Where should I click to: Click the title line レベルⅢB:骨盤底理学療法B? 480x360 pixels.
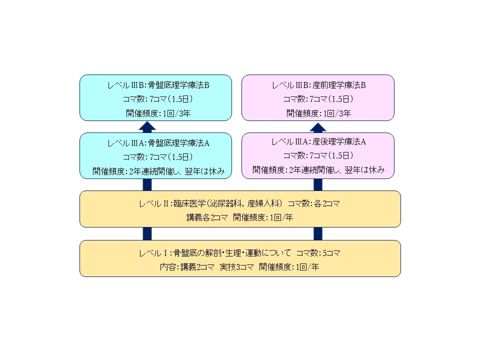[158, 85]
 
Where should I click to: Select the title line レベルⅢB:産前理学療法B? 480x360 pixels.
[318, 85]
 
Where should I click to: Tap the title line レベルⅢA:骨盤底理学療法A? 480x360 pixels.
[158, 143]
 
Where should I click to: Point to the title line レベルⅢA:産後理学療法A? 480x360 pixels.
[318, 141]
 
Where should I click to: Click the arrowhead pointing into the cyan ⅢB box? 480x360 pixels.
[147, 126]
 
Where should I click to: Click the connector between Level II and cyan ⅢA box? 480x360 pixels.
[147, 185]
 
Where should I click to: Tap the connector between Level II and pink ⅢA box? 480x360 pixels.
[318, 185]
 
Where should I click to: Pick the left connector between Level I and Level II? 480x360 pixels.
[147, 234]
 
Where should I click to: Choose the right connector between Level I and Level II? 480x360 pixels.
[318, 234]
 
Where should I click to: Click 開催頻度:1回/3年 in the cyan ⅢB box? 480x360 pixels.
[158, 113]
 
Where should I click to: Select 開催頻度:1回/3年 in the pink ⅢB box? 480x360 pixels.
[318, 113]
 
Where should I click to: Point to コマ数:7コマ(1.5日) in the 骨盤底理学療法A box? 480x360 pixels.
[158, 157]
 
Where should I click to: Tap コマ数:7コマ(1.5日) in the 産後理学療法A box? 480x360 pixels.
[318, 155]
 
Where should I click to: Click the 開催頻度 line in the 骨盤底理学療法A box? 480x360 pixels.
[158, 171]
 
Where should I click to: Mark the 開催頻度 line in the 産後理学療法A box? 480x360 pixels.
[318, 169]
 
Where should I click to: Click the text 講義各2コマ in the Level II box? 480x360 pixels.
[207, 217]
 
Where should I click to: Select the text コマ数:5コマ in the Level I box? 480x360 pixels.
[318, 253]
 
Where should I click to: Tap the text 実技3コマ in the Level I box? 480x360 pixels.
[236, 267]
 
